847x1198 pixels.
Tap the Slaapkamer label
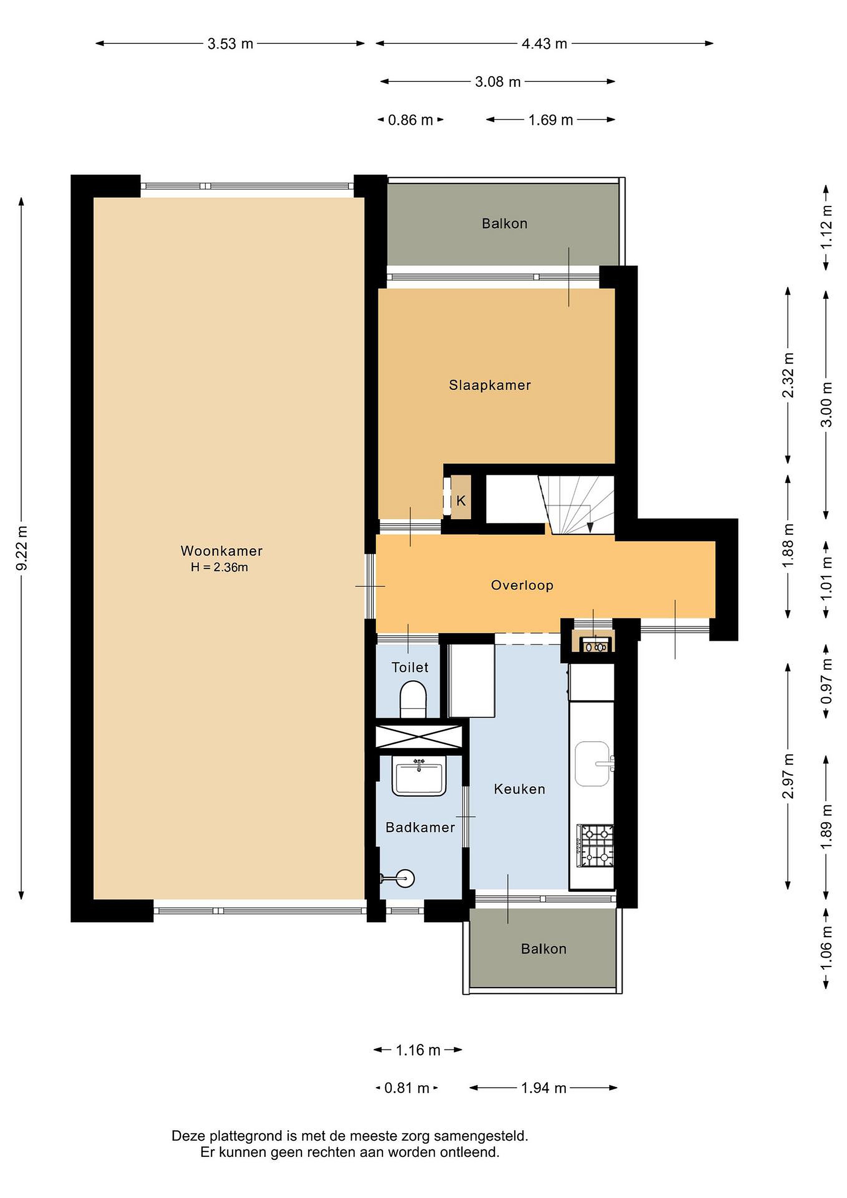[x=490, y=385]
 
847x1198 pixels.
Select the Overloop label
[x=522, y=585]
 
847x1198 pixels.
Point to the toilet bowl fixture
[x=413, y=699]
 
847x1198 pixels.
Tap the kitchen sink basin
[x=593, y=763]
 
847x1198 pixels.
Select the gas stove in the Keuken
[x=595, y=845]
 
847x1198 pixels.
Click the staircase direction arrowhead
[x=590, y=527]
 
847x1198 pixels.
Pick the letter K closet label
[x=461, y=501]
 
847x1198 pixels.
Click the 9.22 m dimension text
[x=22, y=548]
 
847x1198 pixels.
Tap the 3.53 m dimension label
[x=230, y=44]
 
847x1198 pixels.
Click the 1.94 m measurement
[x=543, y=1087]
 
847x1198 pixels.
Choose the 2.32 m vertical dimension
[x=788, y=375]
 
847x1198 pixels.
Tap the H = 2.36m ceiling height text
[x=219, y=567]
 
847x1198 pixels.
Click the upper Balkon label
[x=504, y=223]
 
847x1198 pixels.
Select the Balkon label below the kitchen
[x=543, y=948]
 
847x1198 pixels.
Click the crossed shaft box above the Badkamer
[x=419, y=737]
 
